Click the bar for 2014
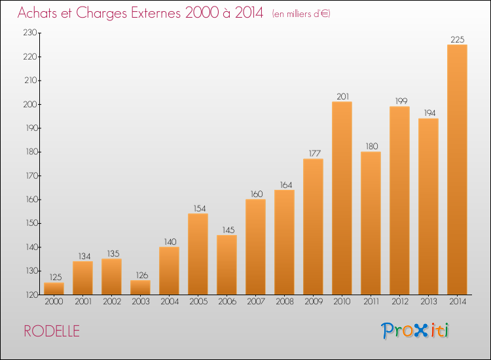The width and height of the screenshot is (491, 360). [x=457, y=170]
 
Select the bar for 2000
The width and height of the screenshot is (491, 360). [x=54, y=289]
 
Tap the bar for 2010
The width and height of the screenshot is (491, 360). [x=342, y=198]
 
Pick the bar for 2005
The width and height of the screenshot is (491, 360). [x=198, y=254]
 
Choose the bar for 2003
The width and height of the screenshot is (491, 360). [x=140, y=287]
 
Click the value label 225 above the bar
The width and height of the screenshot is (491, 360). [x=457, y=39]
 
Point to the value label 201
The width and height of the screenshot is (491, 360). [x=342, y=96]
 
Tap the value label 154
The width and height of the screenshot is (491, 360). [x=199, y=209]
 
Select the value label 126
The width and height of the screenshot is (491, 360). [x=141, y=275]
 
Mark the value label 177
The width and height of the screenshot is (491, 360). [x=314, y=153]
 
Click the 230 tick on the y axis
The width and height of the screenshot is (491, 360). [x=30, y=33]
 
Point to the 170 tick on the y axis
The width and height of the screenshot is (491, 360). [x=31, y=175]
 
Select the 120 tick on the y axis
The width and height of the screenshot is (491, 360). [x=31, y=295]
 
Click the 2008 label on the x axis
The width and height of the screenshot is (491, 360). [x=285, y=302]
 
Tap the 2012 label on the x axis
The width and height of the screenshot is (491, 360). [x=400, y=302]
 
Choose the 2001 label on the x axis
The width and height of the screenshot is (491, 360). [x=83, y=302]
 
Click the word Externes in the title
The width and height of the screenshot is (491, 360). [x=156, y=13]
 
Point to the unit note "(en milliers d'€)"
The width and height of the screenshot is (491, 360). [x=301, y=14]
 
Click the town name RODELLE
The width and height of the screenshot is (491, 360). [x=52, y=331]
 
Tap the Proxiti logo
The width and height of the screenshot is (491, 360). [x=415, y=331]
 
